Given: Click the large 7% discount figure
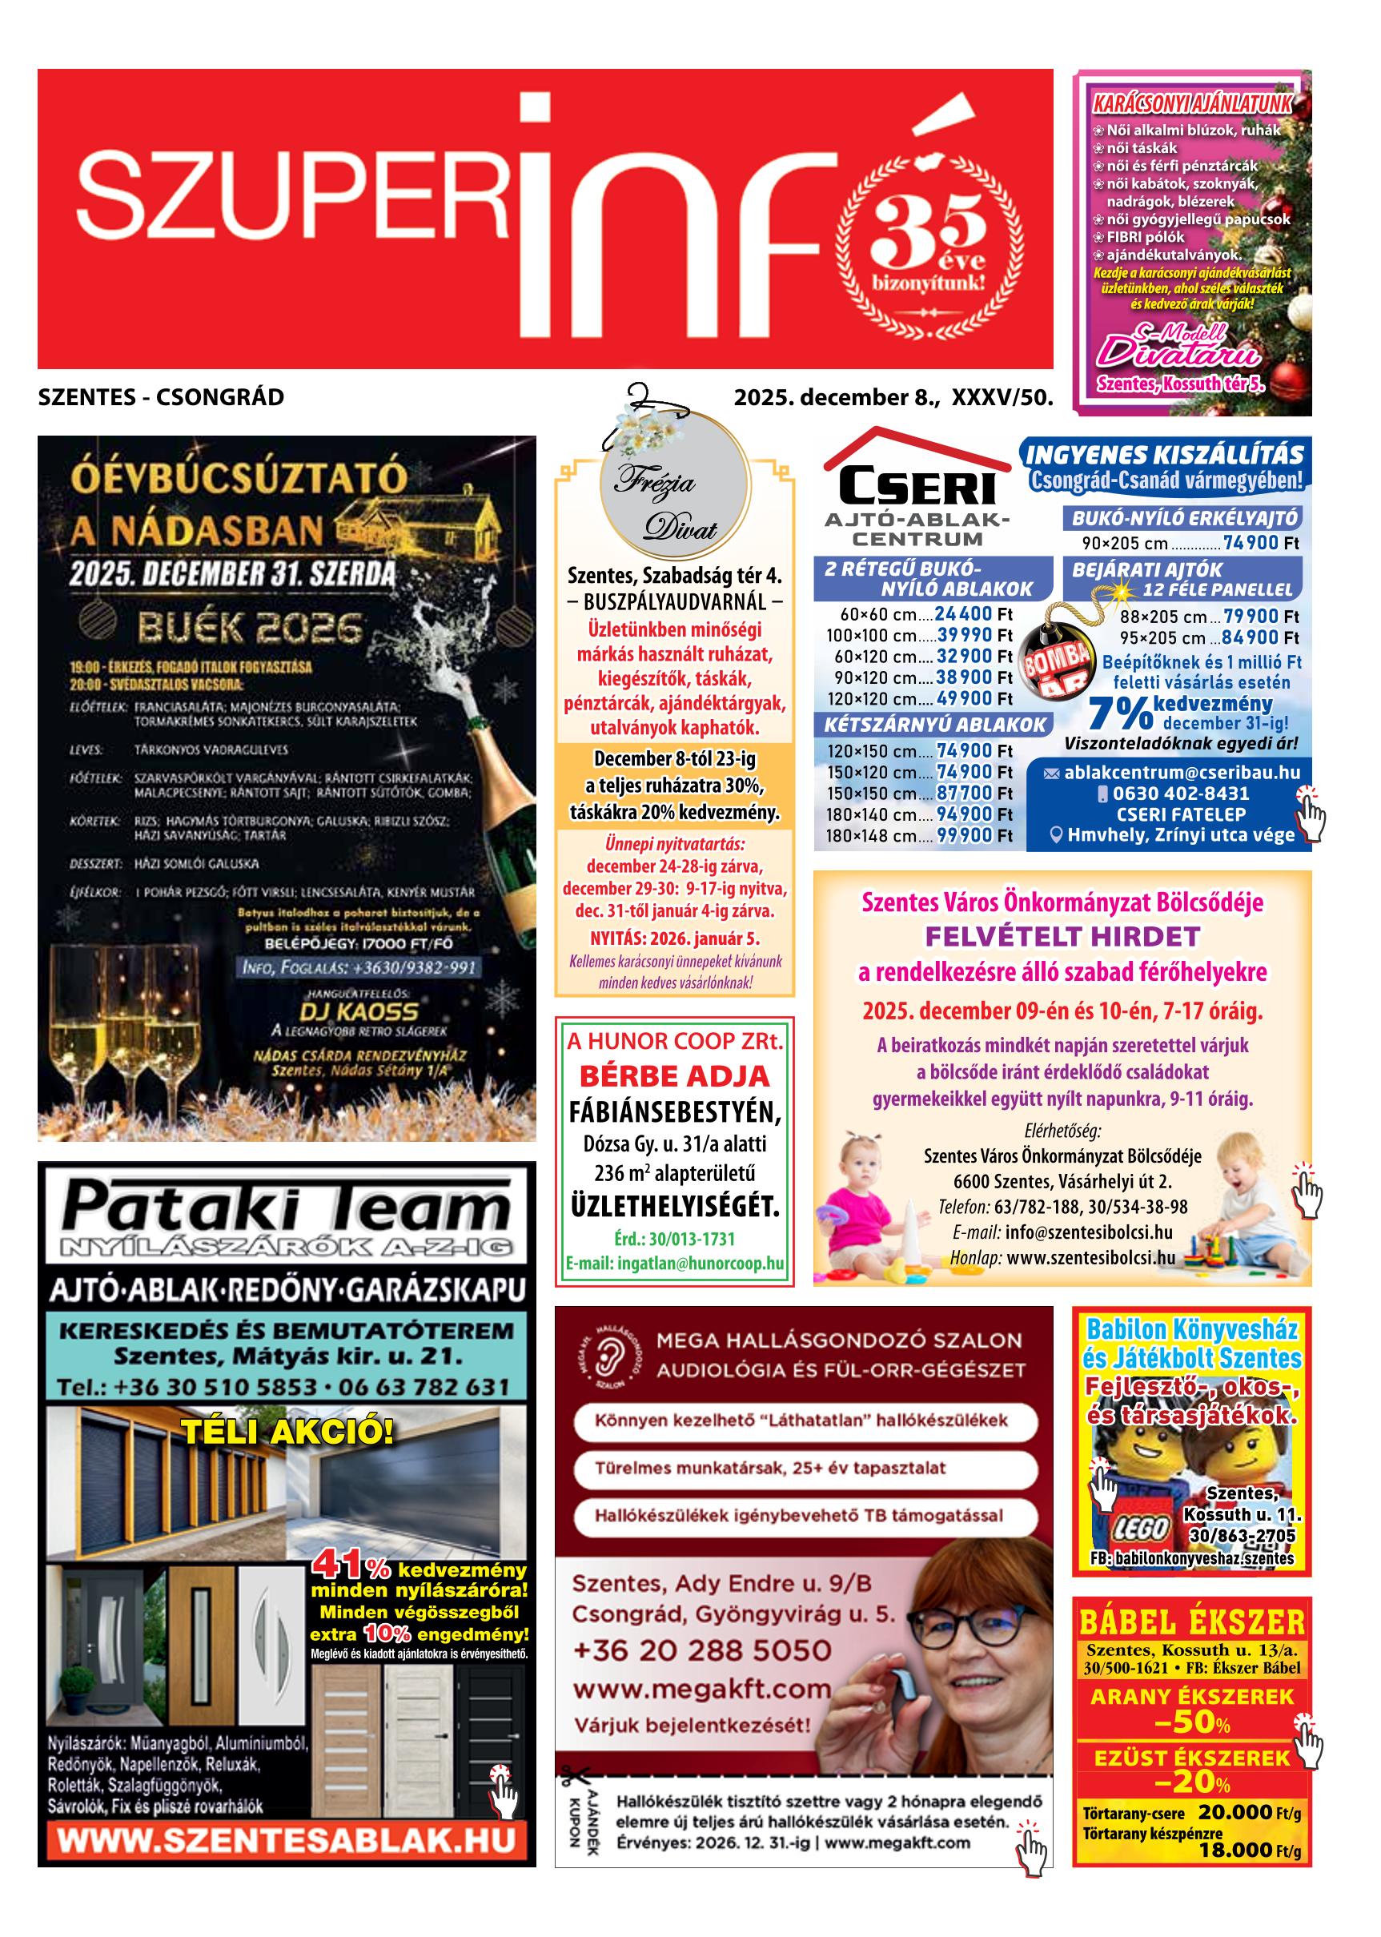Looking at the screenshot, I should coord(1119,713).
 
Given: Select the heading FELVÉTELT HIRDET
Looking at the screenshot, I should coord(1062,937).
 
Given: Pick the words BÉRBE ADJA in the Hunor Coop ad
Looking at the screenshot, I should coord(674,1075).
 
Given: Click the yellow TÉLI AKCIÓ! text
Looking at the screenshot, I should coord(289,1433).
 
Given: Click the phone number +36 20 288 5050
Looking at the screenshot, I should coord(702,1650).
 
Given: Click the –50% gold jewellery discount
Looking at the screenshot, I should coord(1193,1722).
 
